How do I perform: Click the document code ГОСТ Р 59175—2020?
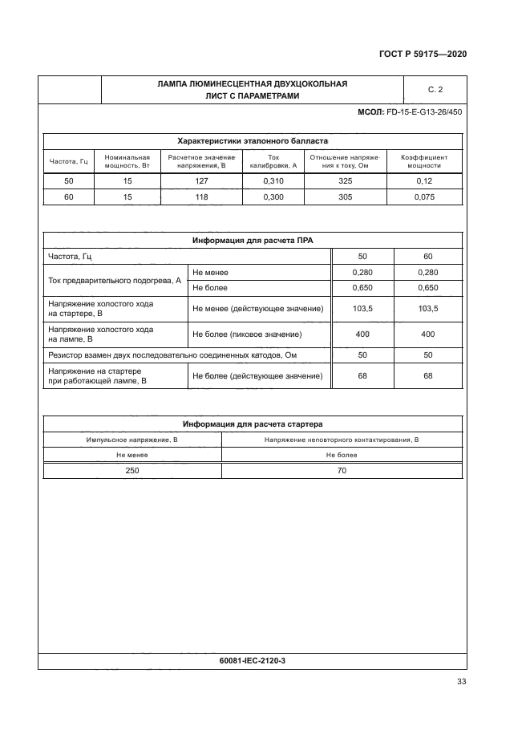(x=423, y=55)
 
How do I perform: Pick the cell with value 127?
(x=202, y=181)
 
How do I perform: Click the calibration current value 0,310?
(x=273, y=181)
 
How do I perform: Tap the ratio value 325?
(x=345, y=181)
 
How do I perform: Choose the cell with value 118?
(x=202, y=197)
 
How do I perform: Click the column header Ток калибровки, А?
(x=273, y=161)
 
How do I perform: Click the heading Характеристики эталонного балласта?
(x=252, y=140)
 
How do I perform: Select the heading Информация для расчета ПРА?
(x=252, y=240)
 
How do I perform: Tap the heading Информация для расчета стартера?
(x=252, y=424)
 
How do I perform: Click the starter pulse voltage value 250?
(x=131, y=471)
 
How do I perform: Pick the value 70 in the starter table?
(x=342, y=471)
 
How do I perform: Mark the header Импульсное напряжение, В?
(x=131, y=440)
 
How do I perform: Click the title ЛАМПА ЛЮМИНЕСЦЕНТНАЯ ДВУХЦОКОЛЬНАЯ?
(x=252, y=83)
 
